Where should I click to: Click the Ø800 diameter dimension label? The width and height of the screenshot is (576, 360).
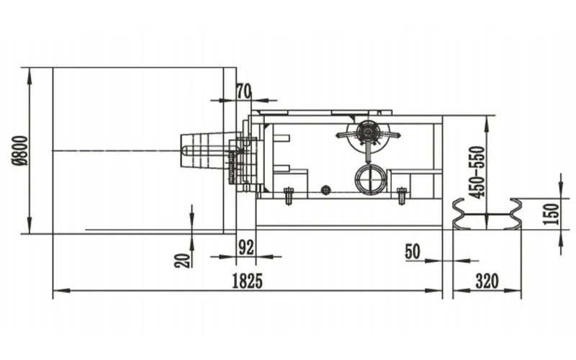(x=22, y=150)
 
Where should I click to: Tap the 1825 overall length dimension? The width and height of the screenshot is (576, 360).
(x=248, y=282)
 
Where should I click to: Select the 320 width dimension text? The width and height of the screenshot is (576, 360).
(x=487, y=282)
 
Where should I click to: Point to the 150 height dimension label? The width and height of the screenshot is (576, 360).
(x=552, y=215)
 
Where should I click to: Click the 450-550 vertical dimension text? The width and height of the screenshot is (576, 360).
(x=478, y=172)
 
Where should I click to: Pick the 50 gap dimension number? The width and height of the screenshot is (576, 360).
(x=412, y=252)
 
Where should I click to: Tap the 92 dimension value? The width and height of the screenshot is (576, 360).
(x=246, y=248)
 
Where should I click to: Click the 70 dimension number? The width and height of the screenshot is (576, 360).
(x=243, y=91)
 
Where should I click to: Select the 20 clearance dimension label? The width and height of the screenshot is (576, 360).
(x=183, y=261)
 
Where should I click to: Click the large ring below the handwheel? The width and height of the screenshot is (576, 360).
(x=371, y=179)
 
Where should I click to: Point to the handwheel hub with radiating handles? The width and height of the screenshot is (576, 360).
(x=367, y=133)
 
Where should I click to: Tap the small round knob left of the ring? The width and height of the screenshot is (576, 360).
(x=325, y=190)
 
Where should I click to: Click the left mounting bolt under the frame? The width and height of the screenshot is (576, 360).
(x=289, y=196)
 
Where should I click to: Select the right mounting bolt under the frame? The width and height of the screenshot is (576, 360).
(x=402, y=196)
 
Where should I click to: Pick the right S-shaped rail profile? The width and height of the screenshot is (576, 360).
(x=513, y=214)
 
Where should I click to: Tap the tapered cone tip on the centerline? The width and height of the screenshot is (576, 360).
(x=186, y=150)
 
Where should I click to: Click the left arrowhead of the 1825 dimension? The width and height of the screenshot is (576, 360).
(x=61, y=291)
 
